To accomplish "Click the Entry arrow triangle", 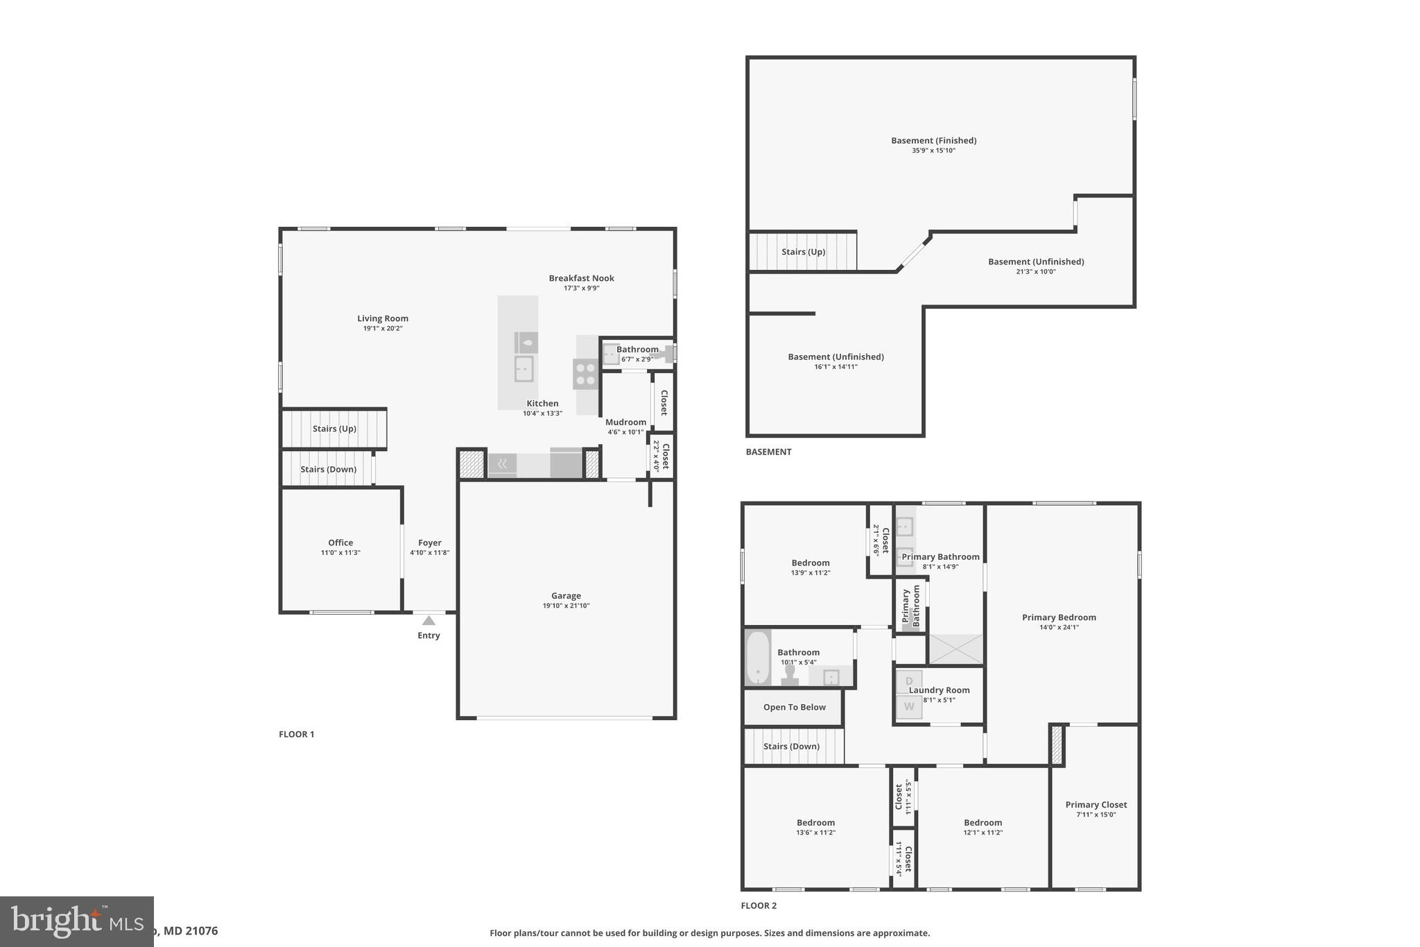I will [428, 621].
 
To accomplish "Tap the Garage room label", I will [566, 595].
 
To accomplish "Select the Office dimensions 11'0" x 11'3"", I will [340, 553].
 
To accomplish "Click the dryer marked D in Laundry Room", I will [909, 681].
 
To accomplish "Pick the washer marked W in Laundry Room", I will [909, 707].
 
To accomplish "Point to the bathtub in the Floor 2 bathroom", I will [758, 657].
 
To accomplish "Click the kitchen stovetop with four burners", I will [585, 374].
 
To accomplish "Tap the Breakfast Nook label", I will [581, 278].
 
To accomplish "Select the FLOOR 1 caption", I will [297, 734].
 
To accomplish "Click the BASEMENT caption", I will [768, 452].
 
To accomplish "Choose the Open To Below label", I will [794, 707].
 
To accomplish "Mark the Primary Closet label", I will [1096, 805].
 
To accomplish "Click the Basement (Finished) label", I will [933, 140].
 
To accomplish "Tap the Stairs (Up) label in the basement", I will [803, 251].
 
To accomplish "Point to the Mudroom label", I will [625, 422].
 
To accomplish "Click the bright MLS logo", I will [76, 921].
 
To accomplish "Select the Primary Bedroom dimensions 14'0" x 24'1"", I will [1059, 627].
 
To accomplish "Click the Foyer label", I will [430, 543].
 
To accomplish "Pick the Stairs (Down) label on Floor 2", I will [791, 746].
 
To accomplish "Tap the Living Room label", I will [383, 318].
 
